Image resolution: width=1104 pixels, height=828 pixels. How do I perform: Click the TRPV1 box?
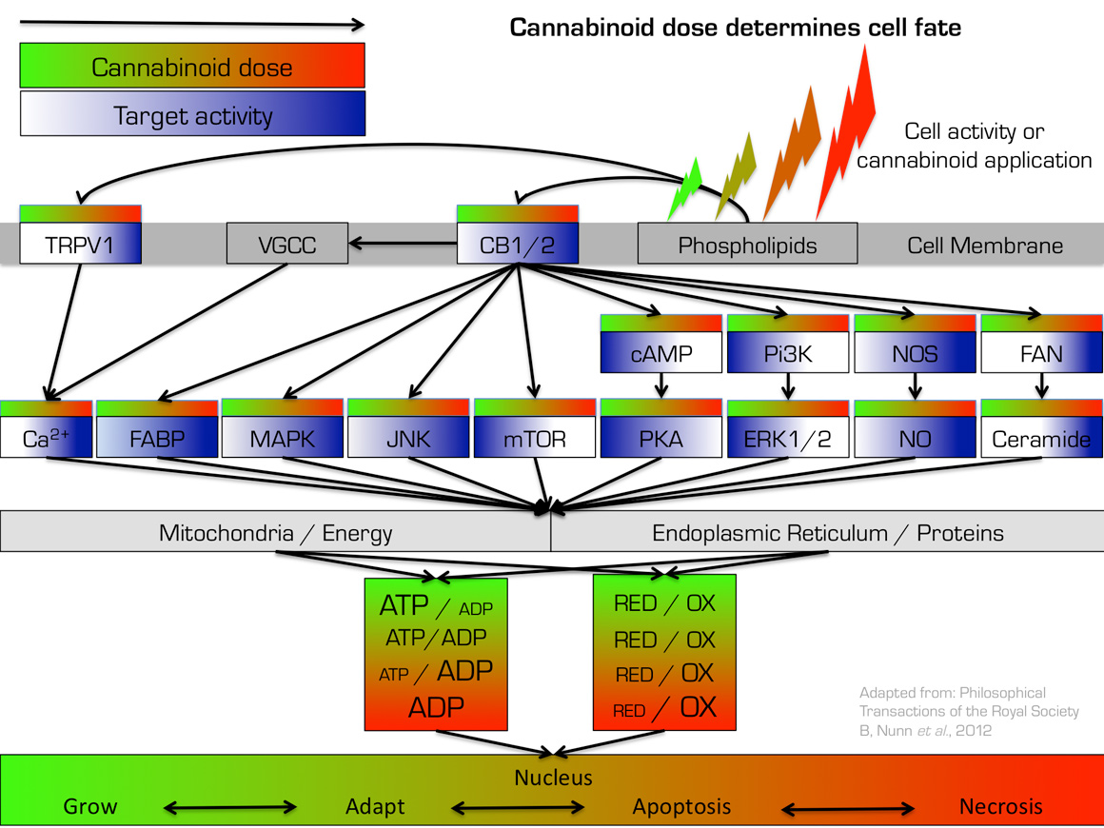(79, 245)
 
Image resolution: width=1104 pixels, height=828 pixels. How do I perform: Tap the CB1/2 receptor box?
(518, 245)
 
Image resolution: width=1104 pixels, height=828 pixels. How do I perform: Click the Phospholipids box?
(747, 245)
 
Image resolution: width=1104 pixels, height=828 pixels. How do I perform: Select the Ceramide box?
(1041, 439)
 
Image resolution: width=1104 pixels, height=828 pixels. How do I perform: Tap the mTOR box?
(534, 439)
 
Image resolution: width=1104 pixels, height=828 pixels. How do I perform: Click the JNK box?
(407, 439)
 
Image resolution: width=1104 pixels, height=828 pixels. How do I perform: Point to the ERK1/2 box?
(786, 439)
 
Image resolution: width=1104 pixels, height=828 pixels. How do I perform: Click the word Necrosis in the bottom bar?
(1000, 807)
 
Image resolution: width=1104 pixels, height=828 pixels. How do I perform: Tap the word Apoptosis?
(681, 807)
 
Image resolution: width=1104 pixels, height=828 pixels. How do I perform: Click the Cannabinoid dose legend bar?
(192, 67)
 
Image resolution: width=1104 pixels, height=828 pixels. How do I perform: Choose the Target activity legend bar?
(192, 116)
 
